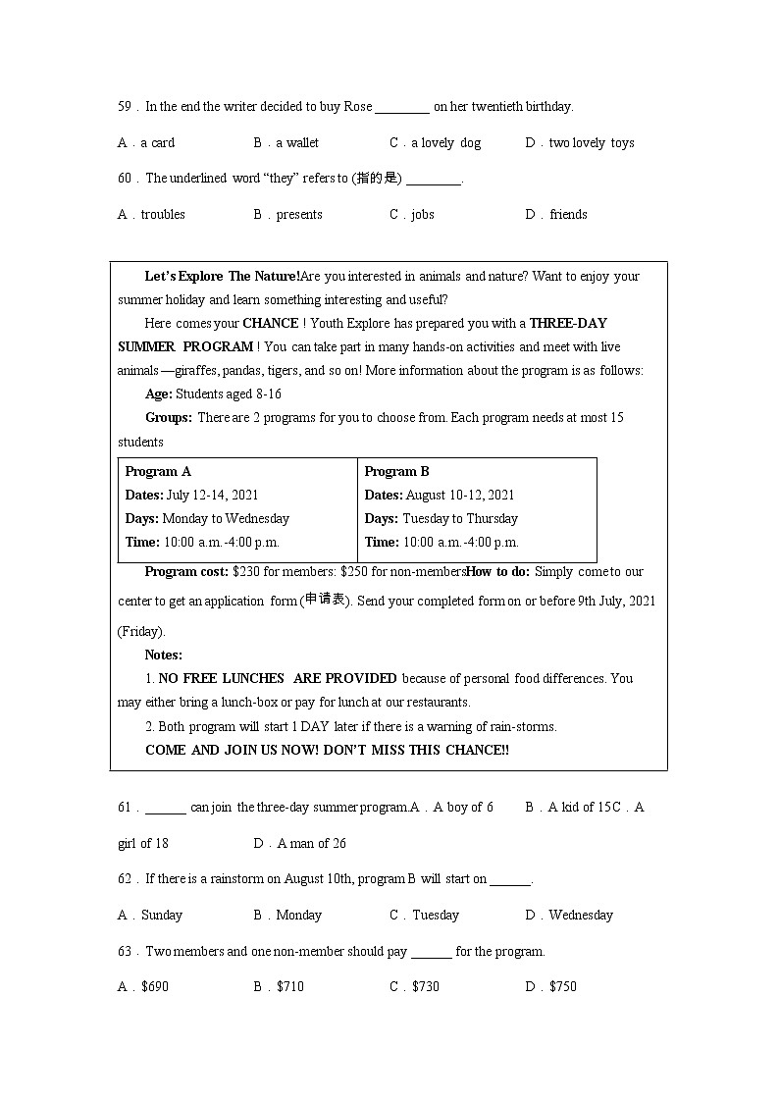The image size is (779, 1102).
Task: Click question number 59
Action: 125,107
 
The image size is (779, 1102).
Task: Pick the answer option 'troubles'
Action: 162,215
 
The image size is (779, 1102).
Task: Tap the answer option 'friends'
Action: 568,215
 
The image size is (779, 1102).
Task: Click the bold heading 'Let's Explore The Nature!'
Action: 222,277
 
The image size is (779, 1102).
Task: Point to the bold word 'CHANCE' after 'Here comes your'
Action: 271,324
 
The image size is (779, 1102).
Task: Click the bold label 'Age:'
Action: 158,394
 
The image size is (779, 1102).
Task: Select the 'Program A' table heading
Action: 158,472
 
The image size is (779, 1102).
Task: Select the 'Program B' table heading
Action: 396,472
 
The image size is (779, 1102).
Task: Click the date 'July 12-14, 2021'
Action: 212,496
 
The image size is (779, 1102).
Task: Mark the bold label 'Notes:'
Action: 163,656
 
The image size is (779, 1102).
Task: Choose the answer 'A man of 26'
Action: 311,844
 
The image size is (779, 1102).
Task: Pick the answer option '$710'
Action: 289,987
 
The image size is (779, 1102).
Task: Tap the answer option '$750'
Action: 562,987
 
